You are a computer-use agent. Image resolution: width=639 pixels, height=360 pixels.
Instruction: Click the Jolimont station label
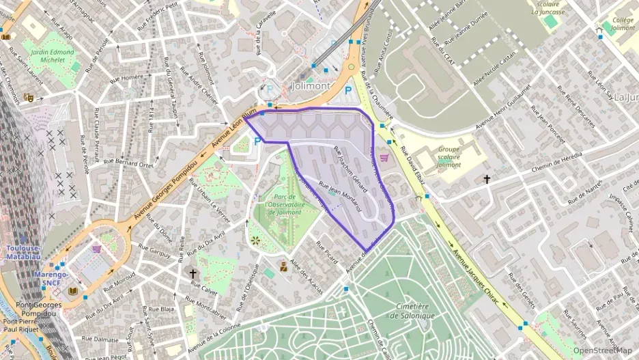click(x=311, y=87)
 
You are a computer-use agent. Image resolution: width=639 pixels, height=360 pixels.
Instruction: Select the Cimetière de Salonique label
click(x=412, y=311)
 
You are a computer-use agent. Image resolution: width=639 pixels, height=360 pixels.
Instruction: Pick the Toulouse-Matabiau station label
click(x=25, y=252)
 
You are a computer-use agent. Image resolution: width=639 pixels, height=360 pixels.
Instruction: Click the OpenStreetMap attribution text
click(x=602, y=350)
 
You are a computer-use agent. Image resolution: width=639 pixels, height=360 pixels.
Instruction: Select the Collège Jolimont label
click(x=622, y=25)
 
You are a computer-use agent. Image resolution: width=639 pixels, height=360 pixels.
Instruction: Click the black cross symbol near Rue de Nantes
click(x=487, y=180)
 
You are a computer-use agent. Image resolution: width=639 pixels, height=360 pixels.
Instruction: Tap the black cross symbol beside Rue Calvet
click(x=193, y=273)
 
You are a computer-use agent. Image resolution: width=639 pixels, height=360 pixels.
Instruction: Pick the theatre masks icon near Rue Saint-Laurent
click(x=29, y=98)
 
